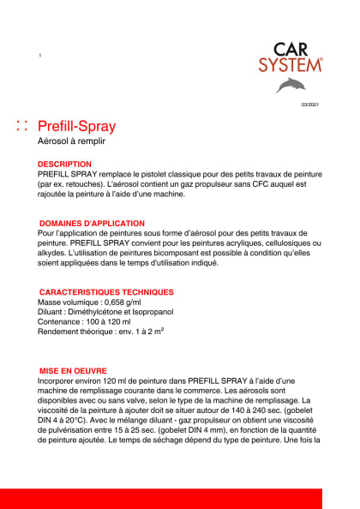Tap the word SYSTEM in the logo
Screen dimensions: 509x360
coord(291,64)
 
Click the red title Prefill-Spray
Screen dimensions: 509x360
coord(77,126)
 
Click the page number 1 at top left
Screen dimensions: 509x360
coord(40,56)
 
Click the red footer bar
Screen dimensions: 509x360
coord(180,498)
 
